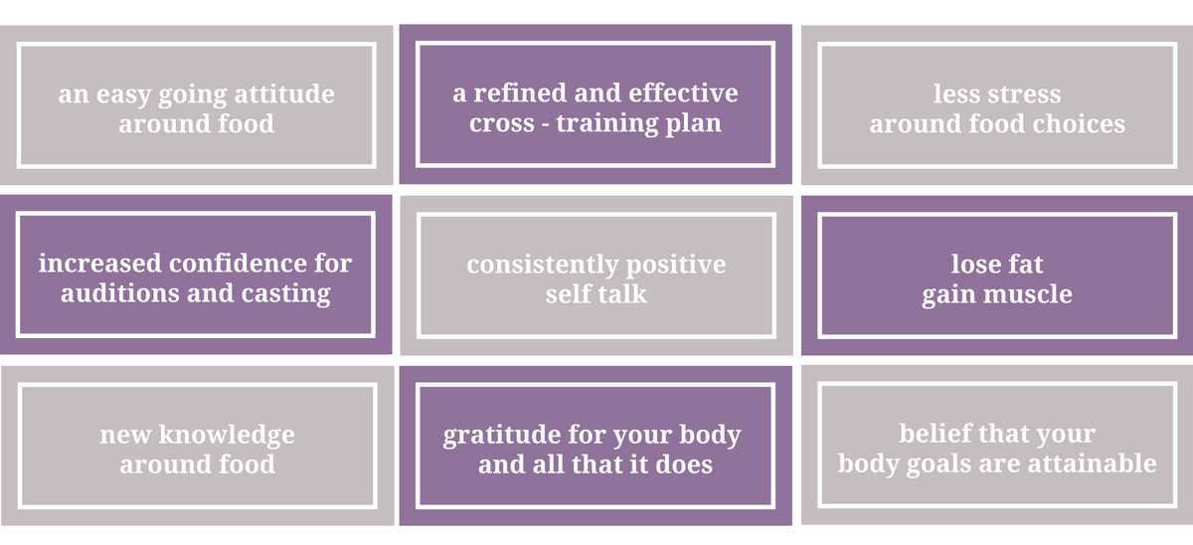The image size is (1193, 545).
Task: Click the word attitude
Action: coord(284,93)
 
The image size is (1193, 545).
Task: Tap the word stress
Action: coord(1024,94)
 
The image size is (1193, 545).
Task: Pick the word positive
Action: coord(676,266)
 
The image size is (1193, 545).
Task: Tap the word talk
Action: coord(621,293)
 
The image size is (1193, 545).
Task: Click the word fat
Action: coord(1024,264)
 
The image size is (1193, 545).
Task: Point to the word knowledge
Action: coord(227,436)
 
